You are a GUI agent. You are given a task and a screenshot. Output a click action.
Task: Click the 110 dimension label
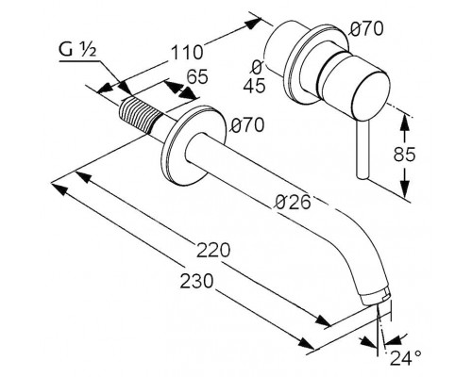coord(187,53)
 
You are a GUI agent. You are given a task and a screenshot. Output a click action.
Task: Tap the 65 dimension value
coord(197,76)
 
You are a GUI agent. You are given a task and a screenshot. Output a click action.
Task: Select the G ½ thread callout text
coord(77,50)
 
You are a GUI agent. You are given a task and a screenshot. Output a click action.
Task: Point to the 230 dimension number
coord(196,281)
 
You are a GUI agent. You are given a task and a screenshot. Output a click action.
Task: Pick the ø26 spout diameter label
coord(293,202)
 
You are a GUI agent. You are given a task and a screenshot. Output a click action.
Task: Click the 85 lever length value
coord(404,155)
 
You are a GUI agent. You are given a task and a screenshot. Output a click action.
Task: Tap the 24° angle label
coord(406,357)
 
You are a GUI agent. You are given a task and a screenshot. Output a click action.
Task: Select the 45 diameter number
coord(254,86)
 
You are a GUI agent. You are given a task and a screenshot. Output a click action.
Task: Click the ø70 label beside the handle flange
coord(367,29)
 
